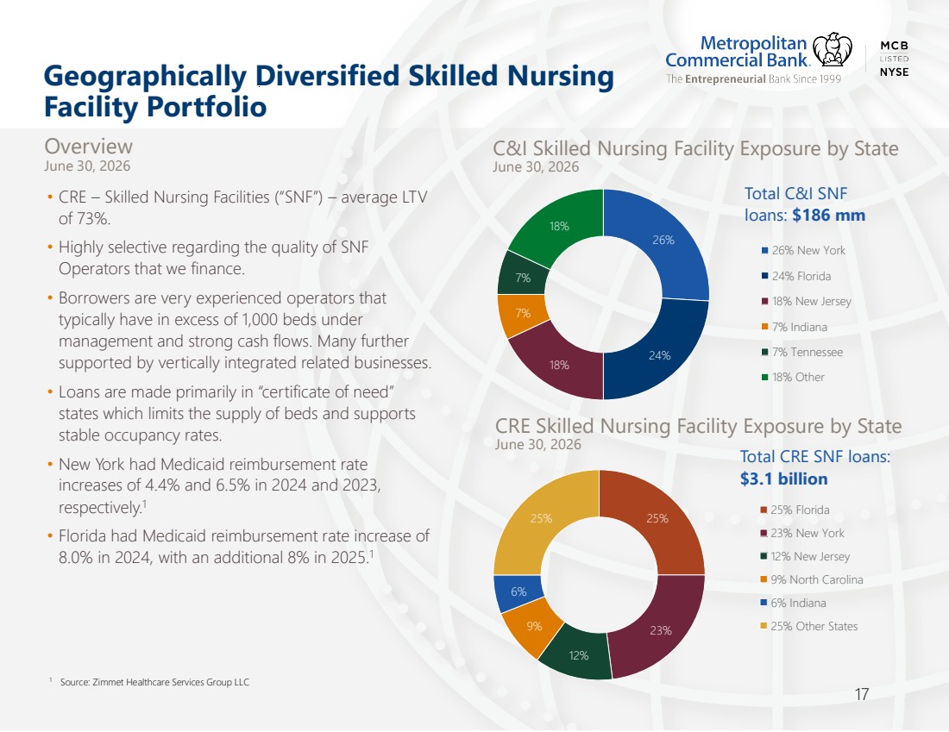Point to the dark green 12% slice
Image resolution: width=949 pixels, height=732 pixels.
[578, 654]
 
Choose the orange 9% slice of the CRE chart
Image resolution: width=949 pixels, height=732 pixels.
[532, 626]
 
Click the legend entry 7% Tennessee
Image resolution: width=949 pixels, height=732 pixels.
[802, 352]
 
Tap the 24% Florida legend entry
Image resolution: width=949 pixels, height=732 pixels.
[796, 276]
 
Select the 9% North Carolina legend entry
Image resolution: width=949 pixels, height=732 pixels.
[811, 579]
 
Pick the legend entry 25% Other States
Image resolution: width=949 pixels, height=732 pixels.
[808, 626]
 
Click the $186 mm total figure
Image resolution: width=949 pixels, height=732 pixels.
[828, 216]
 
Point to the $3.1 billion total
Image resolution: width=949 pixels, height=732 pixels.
[783, 479]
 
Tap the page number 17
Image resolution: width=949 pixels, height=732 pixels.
[862, 694]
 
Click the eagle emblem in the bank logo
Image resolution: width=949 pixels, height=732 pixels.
[833, 50]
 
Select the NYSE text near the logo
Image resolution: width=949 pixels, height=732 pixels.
[894, 72]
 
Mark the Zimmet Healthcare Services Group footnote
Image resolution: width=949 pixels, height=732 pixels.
[154, 682]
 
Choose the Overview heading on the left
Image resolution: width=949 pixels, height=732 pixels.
[88, 147]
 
